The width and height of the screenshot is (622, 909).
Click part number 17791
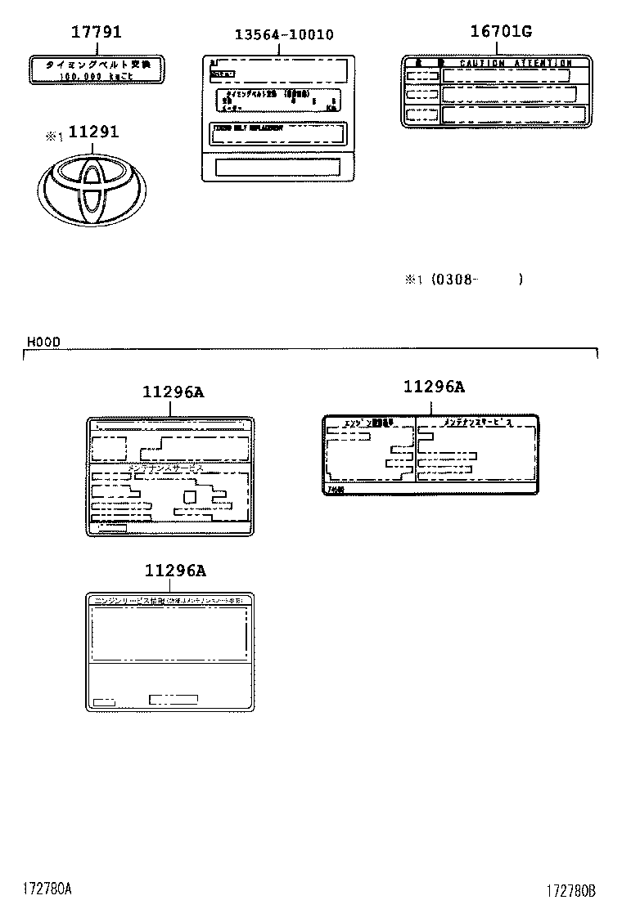click(x=96, y=33)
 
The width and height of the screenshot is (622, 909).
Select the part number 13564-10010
click(x=284, y=34)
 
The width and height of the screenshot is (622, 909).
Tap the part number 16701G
click(x=501, y=32)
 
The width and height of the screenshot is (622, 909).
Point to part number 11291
click(x=92, y=132)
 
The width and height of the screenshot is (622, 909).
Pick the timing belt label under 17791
click(x=96, y=69)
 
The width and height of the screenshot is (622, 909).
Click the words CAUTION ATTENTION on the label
click(x=515, y=63)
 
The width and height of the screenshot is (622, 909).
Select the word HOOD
click(x=43, y=342)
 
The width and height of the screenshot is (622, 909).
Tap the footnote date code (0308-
click(x=454, y=280)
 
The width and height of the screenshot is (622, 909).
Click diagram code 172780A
click(x=47, y=888)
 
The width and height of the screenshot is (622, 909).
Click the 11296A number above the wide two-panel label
click(x=433, y=387)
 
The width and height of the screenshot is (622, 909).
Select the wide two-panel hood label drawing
click(x=430, y=454)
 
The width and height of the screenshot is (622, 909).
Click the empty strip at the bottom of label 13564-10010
click(x=277, y=168)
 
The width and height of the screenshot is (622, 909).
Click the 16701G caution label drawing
click(x=497, y=92)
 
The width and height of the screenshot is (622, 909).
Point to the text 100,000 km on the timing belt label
click(x=96, y=76)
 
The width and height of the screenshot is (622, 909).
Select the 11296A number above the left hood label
click(x=173, y=392)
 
